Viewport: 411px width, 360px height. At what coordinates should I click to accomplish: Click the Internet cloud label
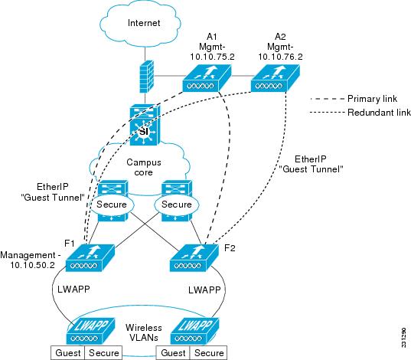pos(144,23)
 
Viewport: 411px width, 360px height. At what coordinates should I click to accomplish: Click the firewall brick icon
pos(146,77)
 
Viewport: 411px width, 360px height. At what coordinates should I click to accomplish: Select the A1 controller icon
pos(207,78)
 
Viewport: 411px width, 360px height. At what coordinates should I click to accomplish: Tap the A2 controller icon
pos(276,78)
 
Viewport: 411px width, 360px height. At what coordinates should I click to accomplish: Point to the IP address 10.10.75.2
pos(212,57)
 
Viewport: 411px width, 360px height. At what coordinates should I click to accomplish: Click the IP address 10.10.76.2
pos(280,57)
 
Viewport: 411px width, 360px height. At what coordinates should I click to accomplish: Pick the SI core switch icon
pos(145,125)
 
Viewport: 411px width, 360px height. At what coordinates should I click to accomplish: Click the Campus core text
pos(144,167)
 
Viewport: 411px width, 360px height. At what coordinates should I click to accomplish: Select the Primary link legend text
pos(372,99)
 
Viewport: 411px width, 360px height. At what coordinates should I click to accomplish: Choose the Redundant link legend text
pos(379,113)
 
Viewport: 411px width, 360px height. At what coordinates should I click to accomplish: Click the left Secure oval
pos(112,205)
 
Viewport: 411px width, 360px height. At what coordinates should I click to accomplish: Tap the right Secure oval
pos(177,205)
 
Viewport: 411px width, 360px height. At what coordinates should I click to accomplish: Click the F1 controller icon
pos(90,258)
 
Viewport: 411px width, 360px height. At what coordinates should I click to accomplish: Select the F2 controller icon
pos(194,258)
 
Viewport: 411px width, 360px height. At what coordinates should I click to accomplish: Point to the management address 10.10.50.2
pos(32,265)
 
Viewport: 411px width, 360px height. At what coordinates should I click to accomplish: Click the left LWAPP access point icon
pos(90,331)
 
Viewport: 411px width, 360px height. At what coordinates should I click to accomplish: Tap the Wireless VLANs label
pos(144,332)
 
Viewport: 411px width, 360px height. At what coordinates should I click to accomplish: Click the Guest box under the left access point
pos(67,353)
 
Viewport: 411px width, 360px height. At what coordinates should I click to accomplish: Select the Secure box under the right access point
pos(209,353)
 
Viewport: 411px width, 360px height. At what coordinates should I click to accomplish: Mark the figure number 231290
pos(404,337)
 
